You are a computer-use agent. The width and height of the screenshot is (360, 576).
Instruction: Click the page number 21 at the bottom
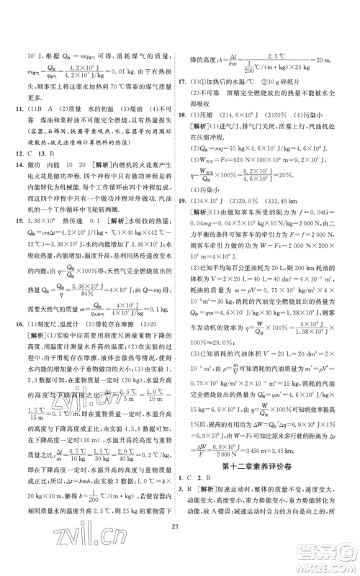tap(180, 550)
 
